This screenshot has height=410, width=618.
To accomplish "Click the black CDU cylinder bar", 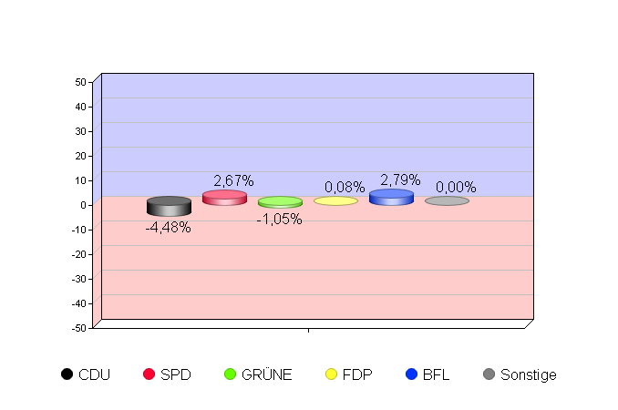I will pos(169,206).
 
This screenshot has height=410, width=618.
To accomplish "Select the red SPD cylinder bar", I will pos(224,198).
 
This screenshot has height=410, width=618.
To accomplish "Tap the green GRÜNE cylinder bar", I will pos(280,201).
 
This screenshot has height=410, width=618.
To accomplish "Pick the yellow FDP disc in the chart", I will pos(335,200).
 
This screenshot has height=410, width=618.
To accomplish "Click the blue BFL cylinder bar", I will pos(391,197).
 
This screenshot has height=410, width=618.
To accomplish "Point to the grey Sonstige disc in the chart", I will pos(447,200).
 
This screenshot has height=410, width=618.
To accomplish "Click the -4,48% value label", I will pos(169,228).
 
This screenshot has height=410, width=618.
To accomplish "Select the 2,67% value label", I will pos(233,180).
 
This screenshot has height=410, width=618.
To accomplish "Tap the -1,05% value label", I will pos(279,220).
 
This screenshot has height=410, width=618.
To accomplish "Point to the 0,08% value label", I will pos(345,187).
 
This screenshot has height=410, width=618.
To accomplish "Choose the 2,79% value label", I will pos(400,179).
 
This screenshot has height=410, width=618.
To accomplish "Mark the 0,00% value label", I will pos(456,187).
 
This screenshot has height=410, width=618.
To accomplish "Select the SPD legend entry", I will pos(168,374).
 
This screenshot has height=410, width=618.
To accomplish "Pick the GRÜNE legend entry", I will pos(258,374).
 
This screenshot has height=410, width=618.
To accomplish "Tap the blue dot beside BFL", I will pos(411,374).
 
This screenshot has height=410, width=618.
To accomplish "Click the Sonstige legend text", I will pos(528,374).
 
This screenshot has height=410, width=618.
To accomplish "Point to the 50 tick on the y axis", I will pos(81,82).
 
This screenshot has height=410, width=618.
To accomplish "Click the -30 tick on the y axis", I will pos(78,279).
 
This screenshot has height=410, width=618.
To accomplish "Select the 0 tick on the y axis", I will pos(83,205).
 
